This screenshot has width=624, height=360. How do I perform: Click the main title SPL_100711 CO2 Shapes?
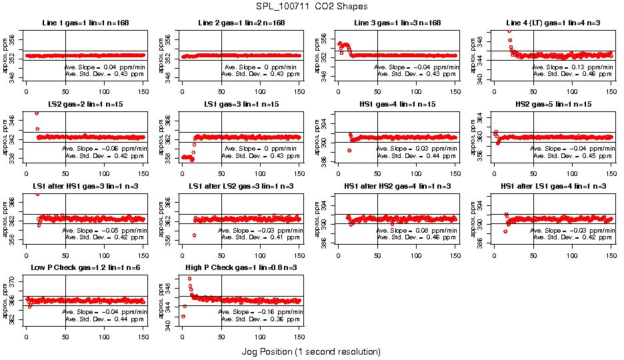[x=311, y=7]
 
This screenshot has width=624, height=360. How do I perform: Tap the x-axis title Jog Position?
[x=311, y=351]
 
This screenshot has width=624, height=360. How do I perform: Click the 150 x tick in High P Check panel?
[x=299, y=337]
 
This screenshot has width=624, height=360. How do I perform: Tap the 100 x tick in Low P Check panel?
[x=104, y=337]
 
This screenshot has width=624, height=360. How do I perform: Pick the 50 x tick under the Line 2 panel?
[x=221, y=91]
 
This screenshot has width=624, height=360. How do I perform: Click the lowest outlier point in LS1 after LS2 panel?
[x=194, y=235]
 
